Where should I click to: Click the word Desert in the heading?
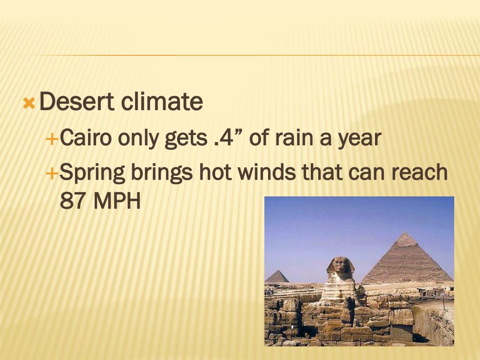(77, 102)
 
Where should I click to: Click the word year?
(359, 139)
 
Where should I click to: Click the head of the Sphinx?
(341, 265)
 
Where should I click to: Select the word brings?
(162, 173)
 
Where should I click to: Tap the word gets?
(185, 139)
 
